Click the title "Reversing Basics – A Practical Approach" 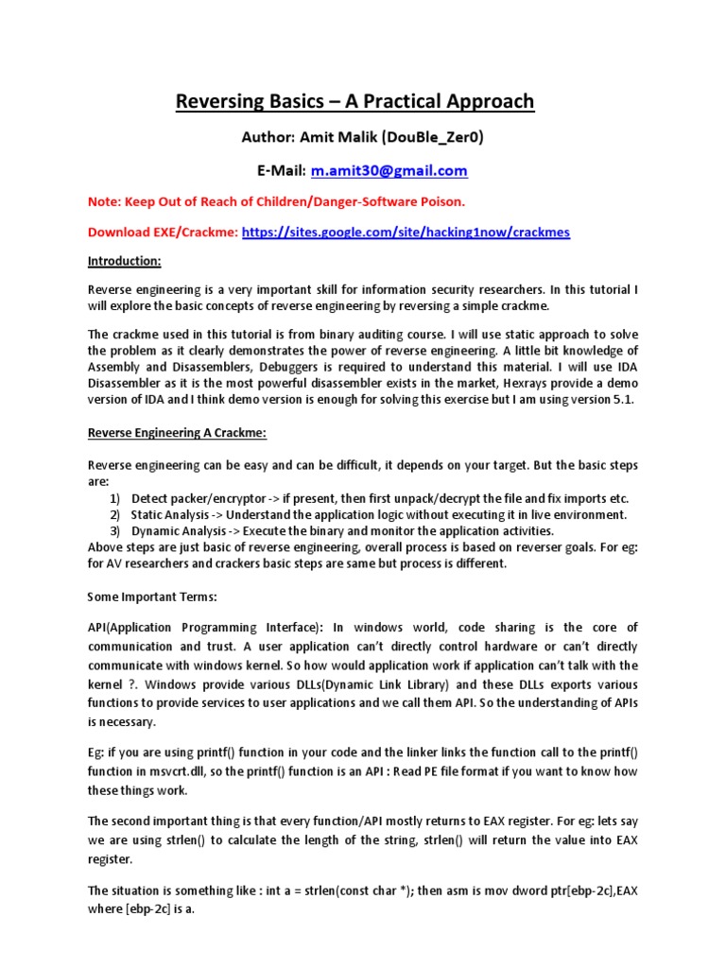click(354, 101)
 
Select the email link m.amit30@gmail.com click(389, 170)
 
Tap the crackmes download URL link click(406, 232)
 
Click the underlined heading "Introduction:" click(125, 260)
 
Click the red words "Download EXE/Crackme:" click(164, 232)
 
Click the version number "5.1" click(627, 400)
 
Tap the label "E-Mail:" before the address click(279, 170)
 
